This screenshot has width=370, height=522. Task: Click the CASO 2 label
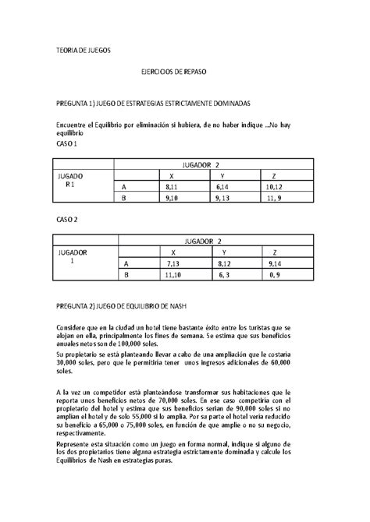click(67, 220)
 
